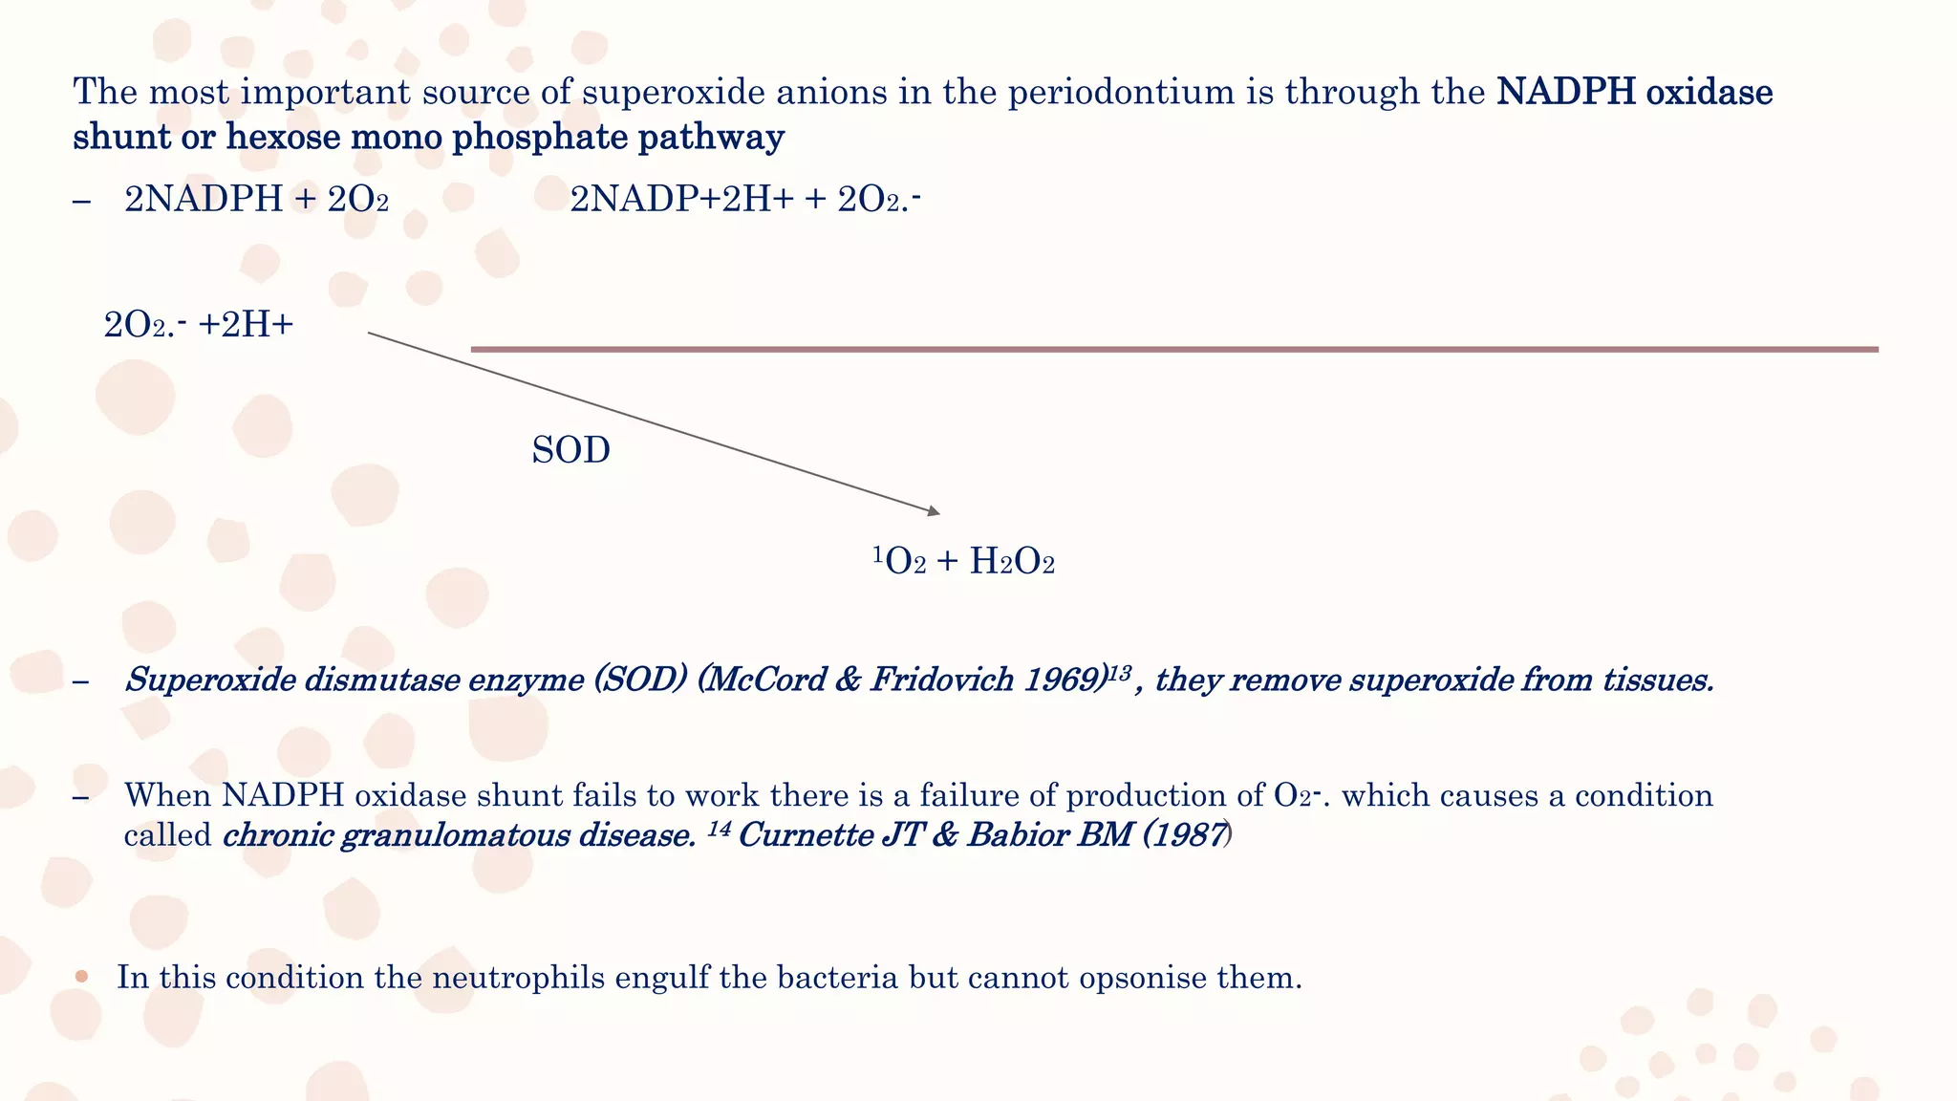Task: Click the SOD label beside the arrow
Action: coord(570,450)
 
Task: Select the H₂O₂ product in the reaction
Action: coord(1012,562)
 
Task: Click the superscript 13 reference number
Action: coord(1119,673)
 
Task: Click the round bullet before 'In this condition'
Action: coord(82,977)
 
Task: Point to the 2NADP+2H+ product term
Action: coord(681,200)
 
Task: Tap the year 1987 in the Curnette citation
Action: coord(1190,835)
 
